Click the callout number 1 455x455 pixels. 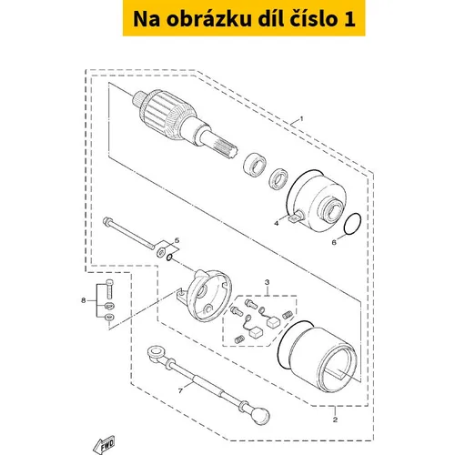301,118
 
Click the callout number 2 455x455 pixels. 335,420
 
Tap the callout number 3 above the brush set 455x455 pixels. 267,282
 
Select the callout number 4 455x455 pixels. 276,224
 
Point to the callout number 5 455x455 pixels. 177,240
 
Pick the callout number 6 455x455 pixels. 334,242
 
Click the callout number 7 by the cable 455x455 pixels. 180,391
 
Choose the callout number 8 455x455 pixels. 84,300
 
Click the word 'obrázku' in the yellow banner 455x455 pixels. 208,19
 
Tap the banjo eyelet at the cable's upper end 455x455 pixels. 156,353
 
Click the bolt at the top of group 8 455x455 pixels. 109,288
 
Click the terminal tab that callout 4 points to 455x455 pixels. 295,217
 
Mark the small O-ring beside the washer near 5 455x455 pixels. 169,258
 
